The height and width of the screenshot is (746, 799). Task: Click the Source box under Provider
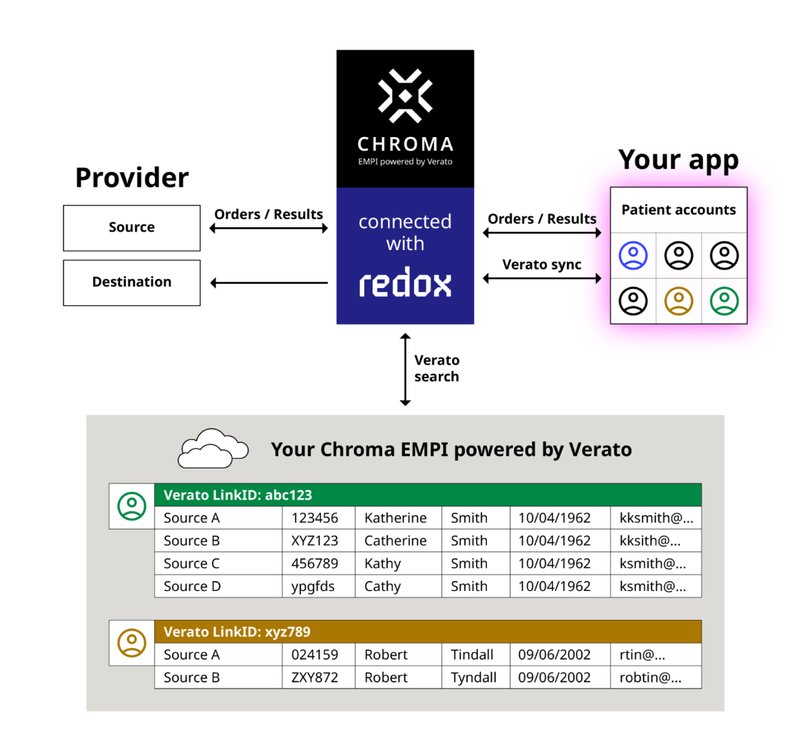[x=132, y=228]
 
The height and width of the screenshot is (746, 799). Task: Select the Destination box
[x=132, y=282]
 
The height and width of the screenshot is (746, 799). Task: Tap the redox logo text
[x=405, y=283]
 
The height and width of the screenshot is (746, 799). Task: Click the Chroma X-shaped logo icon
[x=405, y=96]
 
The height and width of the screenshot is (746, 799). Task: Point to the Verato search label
[x=436, y=369]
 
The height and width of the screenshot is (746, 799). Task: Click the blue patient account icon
[x=633, y=256]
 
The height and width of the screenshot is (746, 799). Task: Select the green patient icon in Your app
[x=724, y=301]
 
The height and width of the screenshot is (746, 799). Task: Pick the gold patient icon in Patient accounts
[x=678, y=301]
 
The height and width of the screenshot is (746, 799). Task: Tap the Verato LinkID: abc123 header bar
[x=427, y=495]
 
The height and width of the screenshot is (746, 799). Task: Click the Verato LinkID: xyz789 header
[x=427, y=632]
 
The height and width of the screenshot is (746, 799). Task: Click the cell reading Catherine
[x=397, y=541]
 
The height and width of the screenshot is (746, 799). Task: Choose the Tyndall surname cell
[x=475, y=677]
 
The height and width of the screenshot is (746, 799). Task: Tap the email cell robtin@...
[x=654, y=677]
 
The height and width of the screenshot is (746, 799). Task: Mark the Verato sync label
[x=541, y=265]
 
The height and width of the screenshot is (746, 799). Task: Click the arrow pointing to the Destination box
[x=269, y=282]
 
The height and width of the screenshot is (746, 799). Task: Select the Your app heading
[x=678, y=160]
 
